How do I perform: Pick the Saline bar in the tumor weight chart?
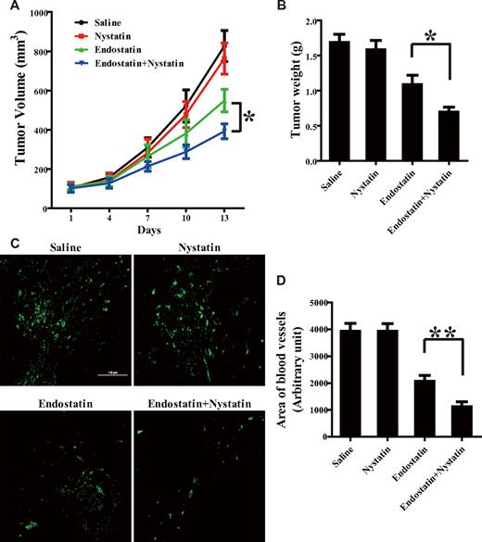tap(322, 102)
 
